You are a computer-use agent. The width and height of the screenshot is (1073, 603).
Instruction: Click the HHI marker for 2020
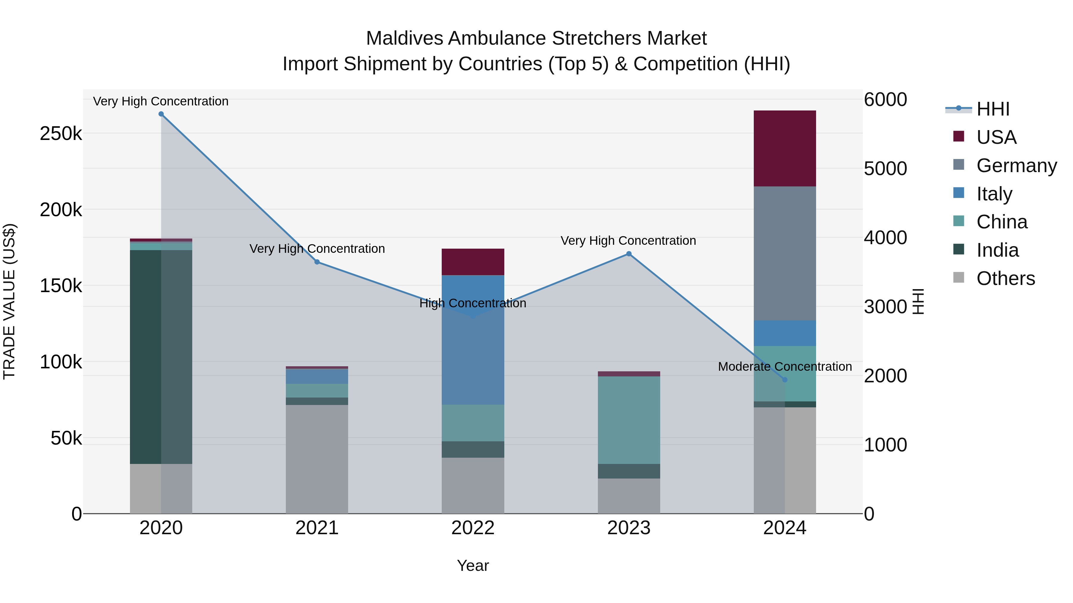(161, 114)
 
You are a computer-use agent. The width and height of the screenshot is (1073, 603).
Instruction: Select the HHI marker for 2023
(629, 254)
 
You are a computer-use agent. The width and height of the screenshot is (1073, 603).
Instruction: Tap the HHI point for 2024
(785, 380)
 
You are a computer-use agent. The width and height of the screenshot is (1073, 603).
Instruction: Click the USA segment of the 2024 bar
(785, 149)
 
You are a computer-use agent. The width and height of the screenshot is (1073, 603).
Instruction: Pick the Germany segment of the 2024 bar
(785, 253)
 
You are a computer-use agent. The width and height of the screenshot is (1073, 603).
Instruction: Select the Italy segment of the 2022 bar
(473, 340)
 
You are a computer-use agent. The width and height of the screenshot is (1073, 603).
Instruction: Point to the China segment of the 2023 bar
(629, 420)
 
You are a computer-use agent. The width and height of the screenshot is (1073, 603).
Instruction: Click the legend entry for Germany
(1016, 166)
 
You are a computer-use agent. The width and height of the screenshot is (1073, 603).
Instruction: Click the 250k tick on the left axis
(61, 134)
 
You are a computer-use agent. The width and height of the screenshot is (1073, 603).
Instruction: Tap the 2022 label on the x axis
(473, 528)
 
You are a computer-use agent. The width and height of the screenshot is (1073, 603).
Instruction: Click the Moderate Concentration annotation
(785, 367)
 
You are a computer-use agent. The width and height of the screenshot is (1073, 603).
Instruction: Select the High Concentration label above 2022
(473, 303)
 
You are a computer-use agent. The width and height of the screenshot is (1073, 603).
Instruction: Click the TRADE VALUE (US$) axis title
(10, 301)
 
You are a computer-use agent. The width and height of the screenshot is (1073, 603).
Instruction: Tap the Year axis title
(473, 565)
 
